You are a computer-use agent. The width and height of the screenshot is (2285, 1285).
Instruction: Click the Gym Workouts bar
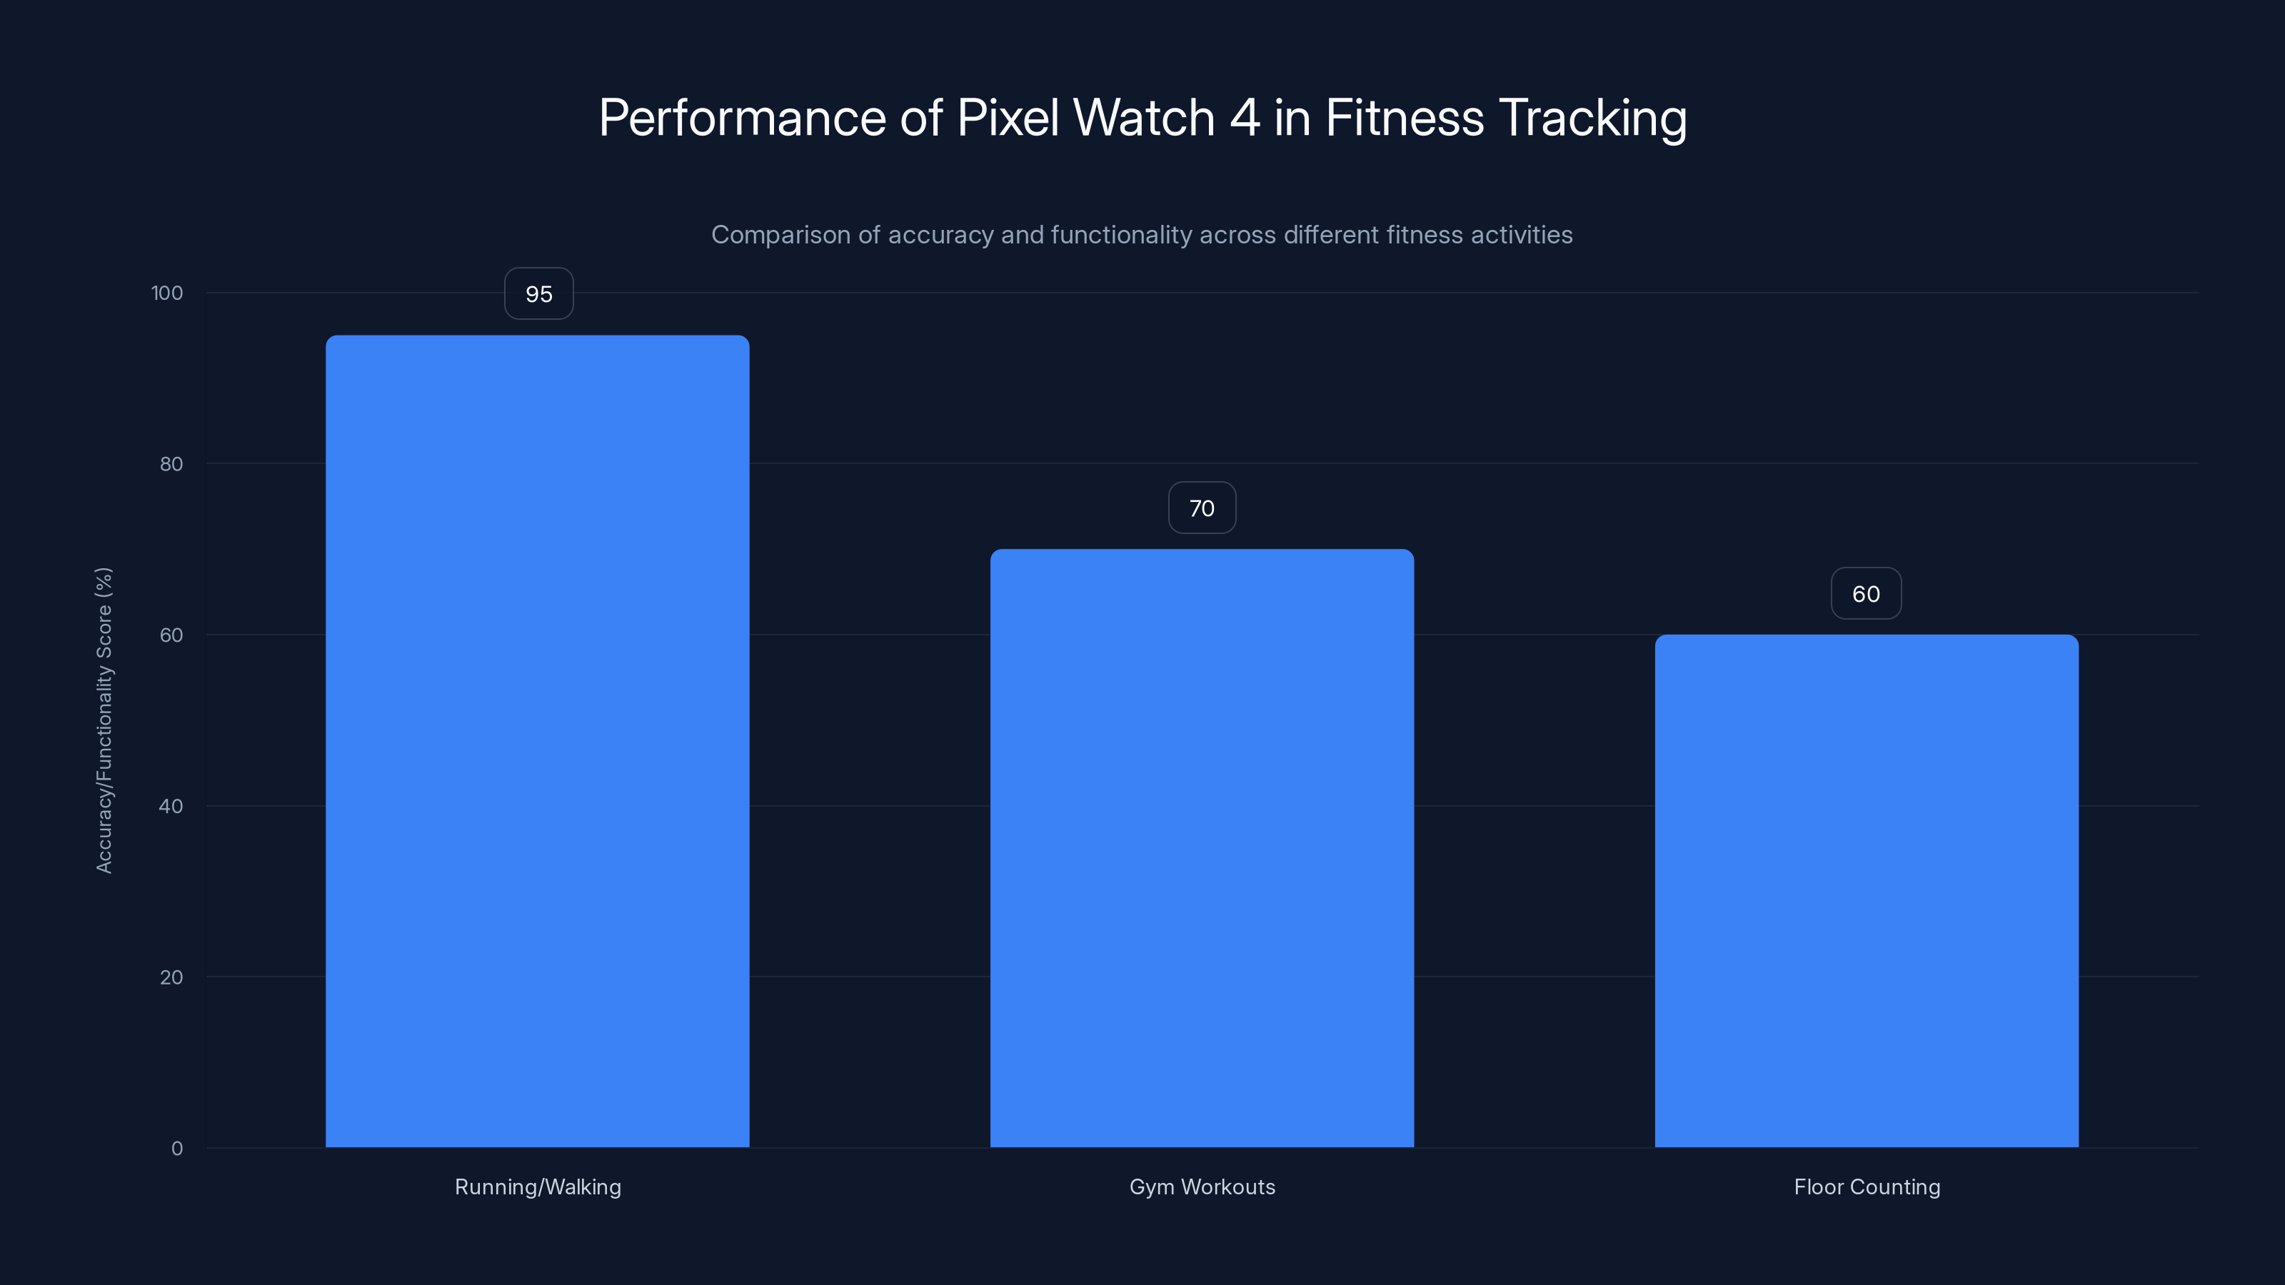[1201, 848]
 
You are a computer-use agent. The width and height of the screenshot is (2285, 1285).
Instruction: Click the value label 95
[538, 293]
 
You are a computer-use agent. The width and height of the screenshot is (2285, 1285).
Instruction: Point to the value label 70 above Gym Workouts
[1201, 508]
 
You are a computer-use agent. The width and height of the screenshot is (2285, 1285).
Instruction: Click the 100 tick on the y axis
[167, 293]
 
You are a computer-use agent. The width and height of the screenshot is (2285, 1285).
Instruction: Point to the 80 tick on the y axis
[171, 464]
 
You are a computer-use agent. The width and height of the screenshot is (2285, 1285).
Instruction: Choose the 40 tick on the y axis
[171, 806]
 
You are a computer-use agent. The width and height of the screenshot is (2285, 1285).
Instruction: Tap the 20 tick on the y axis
[171, 977]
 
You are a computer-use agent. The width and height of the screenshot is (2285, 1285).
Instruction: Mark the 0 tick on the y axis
[176, 1149]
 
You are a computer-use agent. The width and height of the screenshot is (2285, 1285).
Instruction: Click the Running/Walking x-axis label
[538, 1186]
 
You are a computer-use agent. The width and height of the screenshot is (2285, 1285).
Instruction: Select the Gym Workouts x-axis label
[1202, 1186]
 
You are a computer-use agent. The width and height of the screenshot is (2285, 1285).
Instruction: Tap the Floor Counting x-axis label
[1867, 1186]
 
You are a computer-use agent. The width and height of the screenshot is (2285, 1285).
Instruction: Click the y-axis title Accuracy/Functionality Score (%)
[104, 720]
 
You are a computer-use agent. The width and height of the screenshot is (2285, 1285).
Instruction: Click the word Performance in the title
[742, 118]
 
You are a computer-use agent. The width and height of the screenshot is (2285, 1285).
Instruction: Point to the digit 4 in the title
[1244, 118]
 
